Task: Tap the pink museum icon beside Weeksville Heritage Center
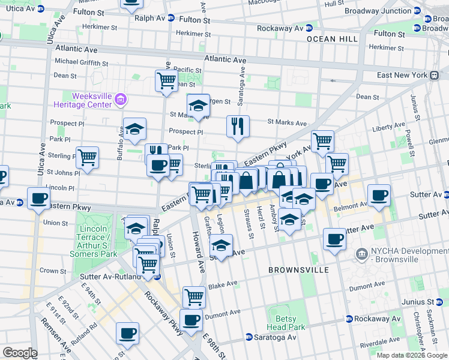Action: pyautogui.click(x=121, y=99)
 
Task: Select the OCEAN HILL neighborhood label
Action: pyautogui.click(x=327, y=38)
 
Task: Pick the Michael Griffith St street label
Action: pyautogui.click(x=81, y=62)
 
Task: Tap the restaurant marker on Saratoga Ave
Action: pyautogui.click(x=238, y=126)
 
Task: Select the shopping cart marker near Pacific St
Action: pyautogui.click(x=166, y=80)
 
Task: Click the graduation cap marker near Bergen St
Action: pyautogui.click(x=197, y=106)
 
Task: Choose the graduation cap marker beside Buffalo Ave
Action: pyautogui.click(x=134, y=129)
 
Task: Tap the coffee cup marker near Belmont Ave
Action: pyautogui.click(x=379, y=196)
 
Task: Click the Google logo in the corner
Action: pyautogui.click(x=20, y=353)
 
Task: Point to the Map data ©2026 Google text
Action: pyautogui.click(x=412, y=355)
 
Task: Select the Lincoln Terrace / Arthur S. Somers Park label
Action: pyautogui.click(x=98, y=242)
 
